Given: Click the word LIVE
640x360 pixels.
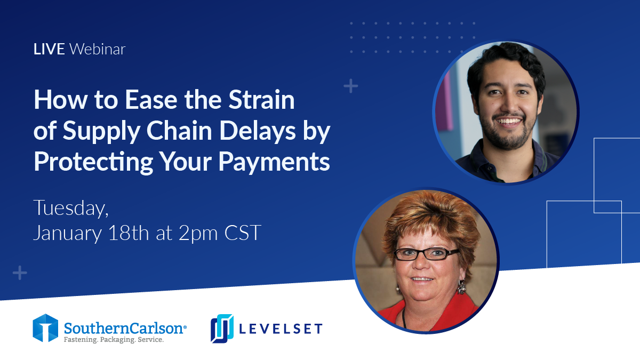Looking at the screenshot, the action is pos(49,49).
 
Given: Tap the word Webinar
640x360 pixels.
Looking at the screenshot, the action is pos(98,49).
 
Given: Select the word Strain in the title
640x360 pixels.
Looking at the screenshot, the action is pos(261,100).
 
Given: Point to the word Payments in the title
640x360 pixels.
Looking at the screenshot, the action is pos(274,162).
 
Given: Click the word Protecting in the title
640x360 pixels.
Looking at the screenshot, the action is pos(93,162).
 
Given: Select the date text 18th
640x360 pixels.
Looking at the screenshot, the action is pos(129,233).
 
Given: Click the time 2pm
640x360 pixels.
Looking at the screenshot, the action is pos(198,234).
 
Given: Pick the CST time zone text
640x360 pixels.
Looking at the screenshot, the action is pos(243,233).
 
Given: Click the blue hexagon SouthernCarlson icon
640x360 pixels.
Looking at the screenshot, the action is pos(45,328).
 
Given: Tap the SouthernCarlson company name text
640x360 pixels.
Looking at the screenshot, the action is pos(125,328).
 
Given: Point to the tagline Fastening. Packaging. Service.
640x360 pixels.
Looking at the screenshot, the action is pos(114,340).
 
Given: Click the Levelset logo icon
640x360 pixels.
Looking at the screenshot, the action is pos(222,329).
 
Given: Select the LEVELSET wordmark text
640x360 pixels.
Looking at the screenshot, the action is pos(281,329).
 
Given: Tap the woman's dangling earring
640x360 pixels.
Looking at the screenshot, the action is pos(461,287).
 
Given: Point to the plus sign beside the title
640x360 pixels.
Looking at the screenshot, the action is pos(351,86).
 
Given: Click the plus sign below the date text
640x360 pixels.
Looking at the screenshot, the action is pos(20,273).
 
